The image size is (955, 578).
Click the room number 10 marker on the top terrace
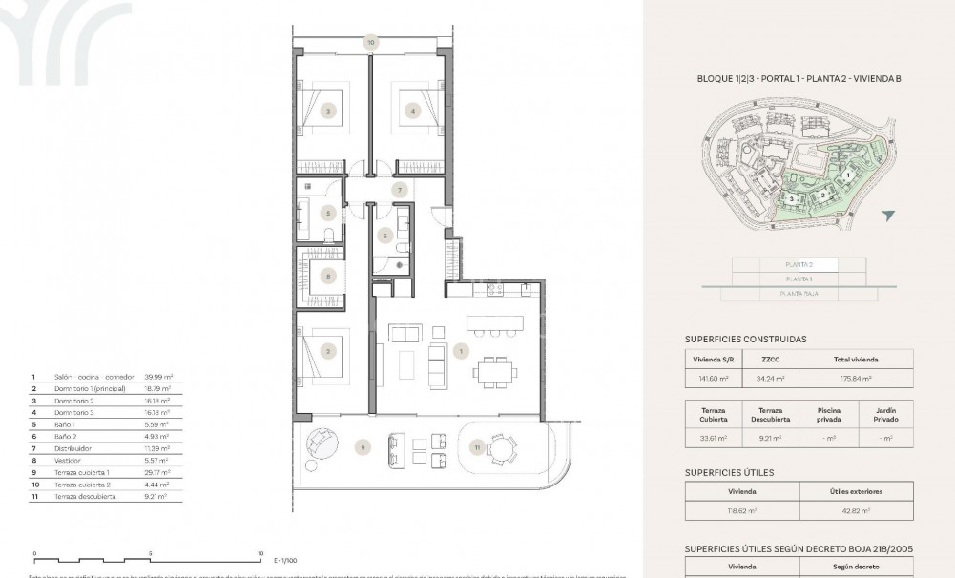click(370, 42)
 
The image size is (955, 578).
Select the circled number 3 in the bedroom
click(328, 111)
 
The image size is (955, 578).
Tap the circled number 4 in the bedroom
click(413, 111)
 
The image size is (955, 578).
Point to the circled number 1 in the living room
click(462, 352)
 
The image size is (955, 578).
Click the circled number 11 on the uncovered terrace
click(475, 446)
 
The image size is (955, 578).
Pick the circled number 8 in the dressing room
click(328, 277)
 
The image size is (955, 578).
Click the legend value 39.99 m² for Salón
click(157, 377)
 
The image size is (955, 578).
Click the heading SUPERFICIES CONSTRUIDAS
click(746, 339)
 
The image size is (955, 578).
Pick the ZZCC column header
click(772, 360)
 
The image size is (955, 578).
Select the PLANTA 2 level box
click(799, 264)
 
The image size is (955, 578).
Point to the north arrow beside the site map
click(889, 217)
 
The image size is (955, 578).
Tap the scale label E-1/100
click(286, 560)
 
